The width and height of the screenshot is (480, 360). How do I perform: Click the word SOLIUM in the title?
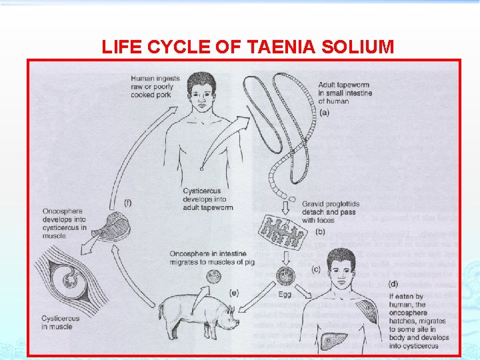[x=350, y=47]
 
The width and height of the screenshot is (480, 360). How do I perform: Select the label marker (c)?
[x=314, y=269]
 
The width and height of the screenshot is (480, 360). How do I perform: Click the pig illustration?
[x=197, y=313]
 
